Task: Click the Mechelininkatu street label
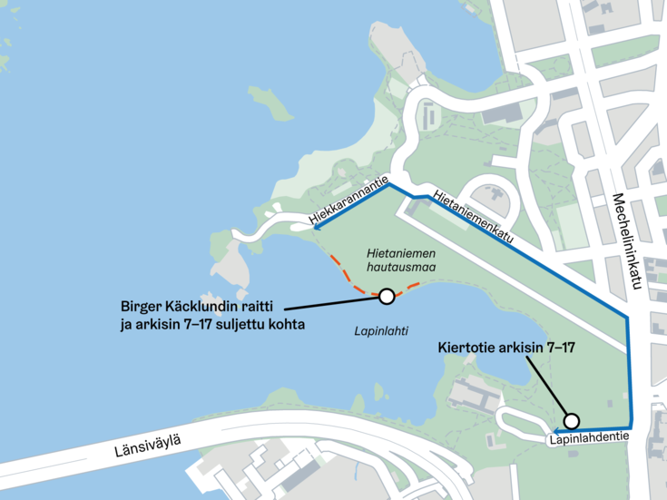coord(627,241)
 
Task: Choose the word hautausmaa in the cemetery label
coord(397,270)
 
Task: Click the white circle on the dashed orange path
coord(387,296)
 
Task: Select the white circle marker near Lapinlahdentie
coord(571,420)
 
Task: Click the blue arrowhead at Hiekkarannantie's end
coord(319,228)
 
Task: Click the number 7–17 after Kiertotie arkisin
coord(560,348)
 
